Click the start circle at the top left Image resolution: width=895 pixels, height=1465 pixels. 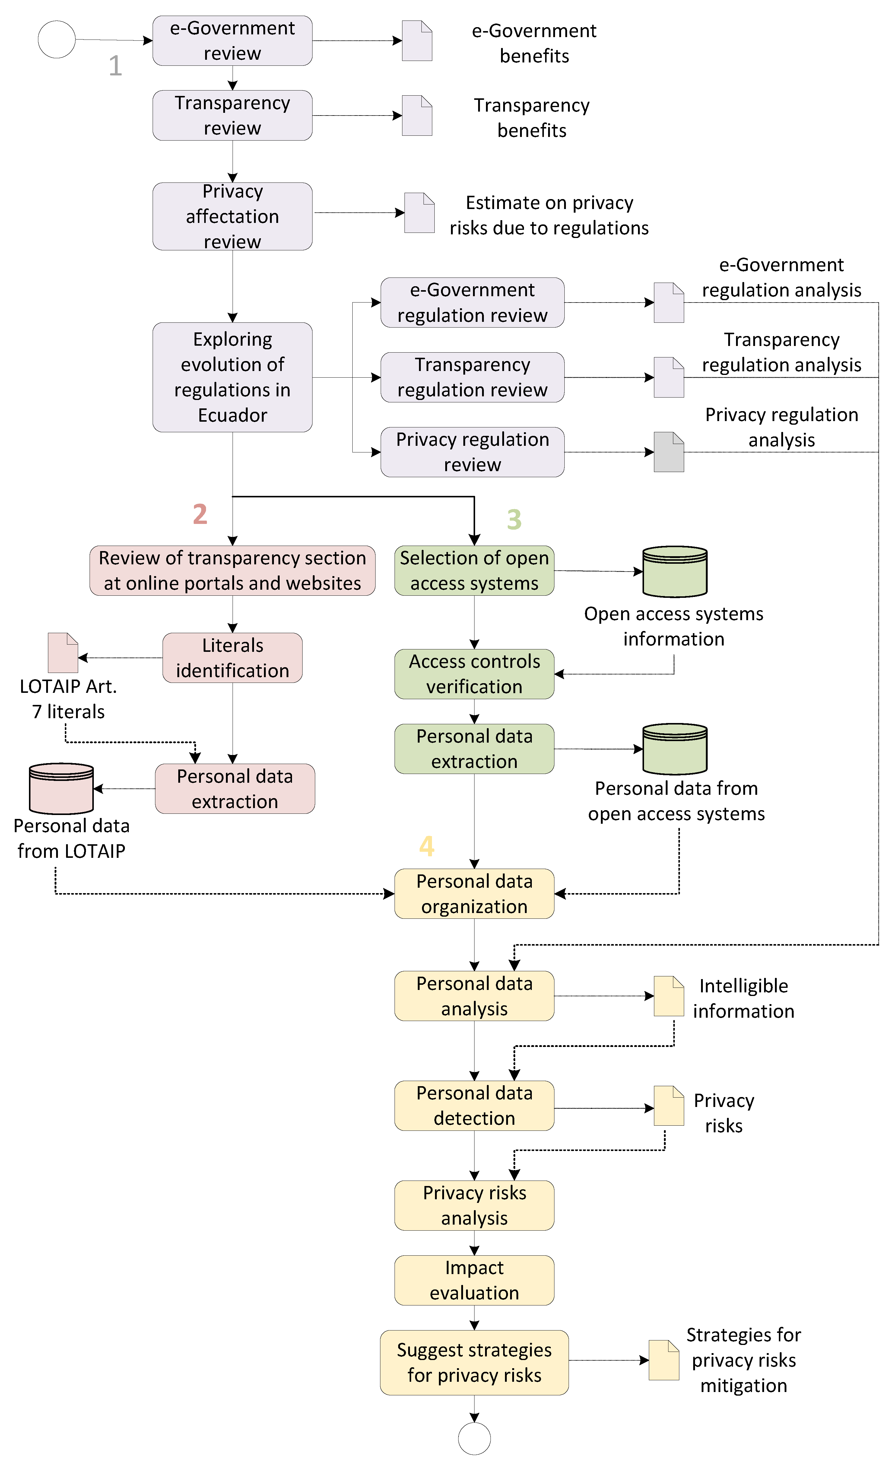point(56,39)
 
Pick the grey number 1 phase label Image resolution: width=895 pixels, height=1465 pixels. point(115,65)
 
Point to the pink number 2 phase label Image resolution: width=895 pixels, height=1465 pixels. point(200,514)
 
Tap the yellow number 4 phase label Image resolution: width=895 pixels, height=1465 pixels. point(427,845)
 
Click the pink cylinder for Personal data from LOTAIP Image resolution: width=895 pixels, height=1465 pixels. point(61,788)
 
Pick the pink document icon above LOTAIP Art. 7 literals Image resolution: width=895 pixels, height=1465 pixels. point(62,653)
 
